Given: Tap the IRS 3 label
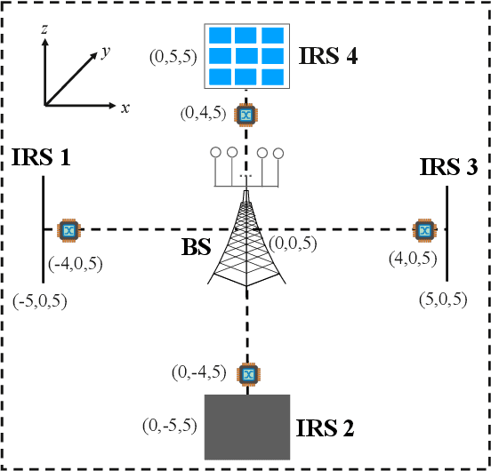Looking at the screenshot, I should (450, 165).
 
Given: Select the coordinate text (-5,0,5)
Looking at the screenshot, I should (41, 299).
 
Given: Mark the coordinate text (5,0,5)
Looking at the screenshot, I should (442, 299).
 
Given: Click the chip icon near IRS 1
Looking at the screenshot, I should (67, 230).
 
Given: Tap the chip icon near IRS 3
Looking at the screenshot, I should (424, 230).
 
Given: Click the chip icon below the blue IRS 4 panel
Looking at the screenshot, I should (246, 114).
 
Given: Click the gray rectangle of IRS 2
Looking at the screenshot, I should (246, 426).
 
